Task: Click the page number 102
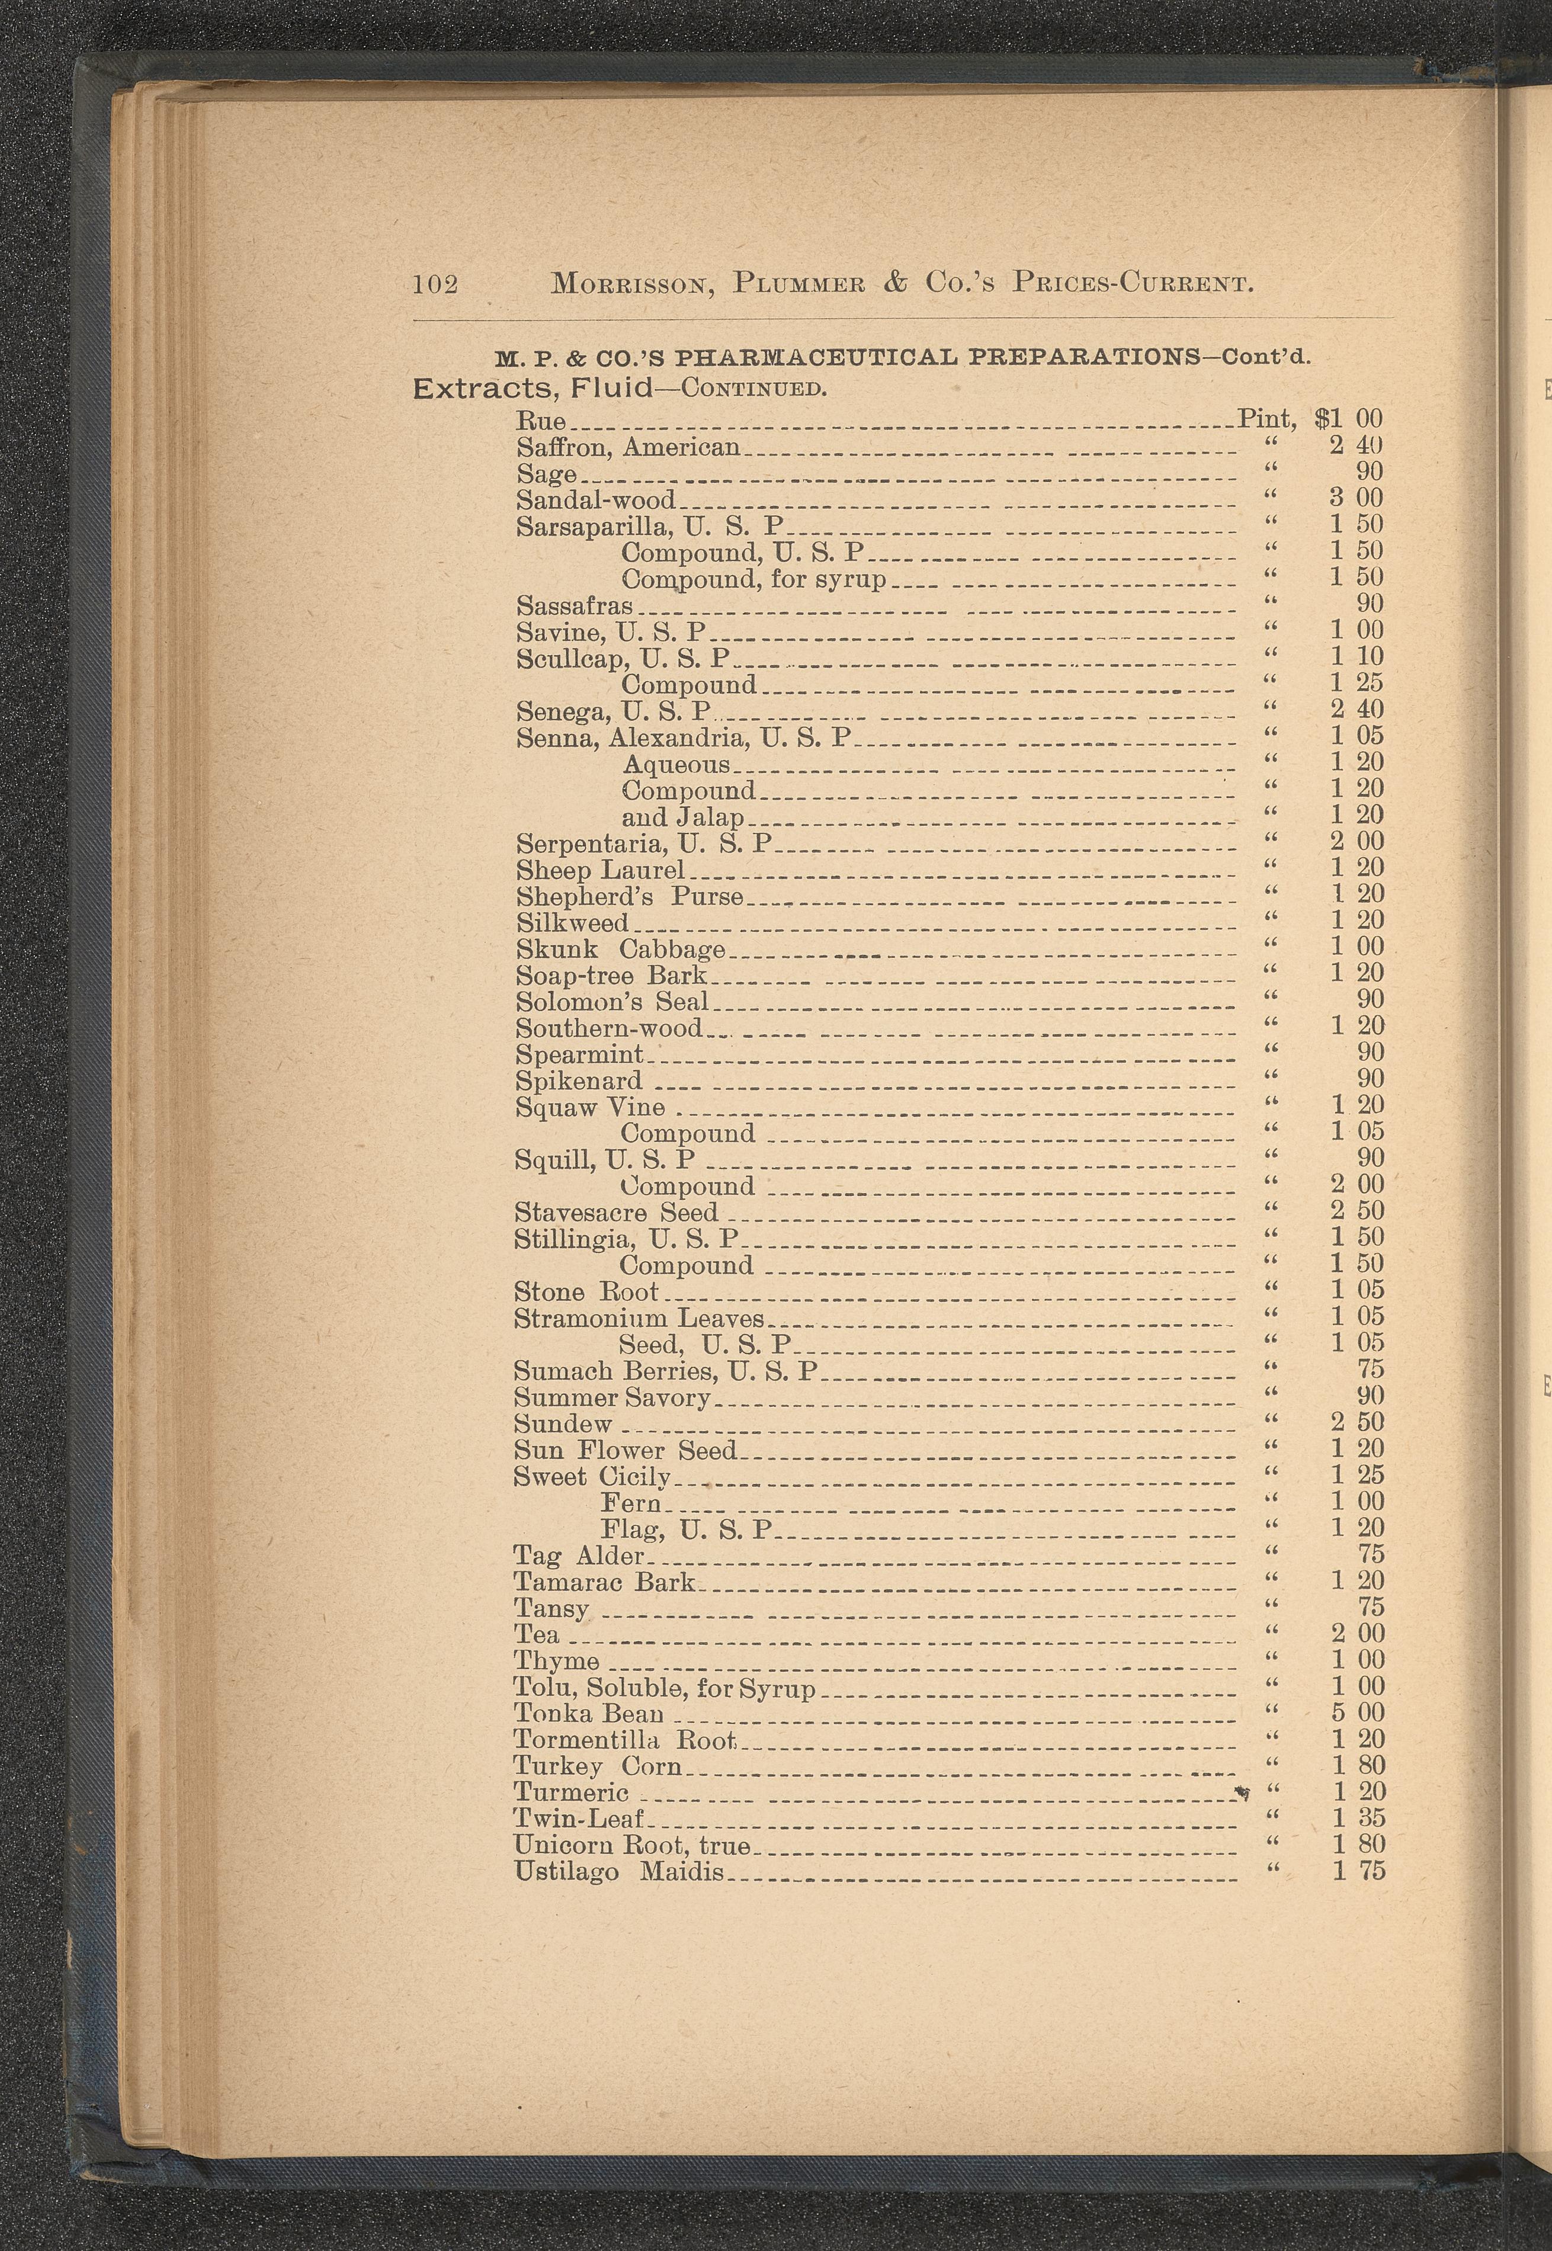[435, 284]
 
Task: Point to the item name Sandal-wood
[595, 500]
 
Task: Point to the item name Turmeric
[571, 1791]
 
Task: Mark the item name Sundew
[563, 1423]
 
